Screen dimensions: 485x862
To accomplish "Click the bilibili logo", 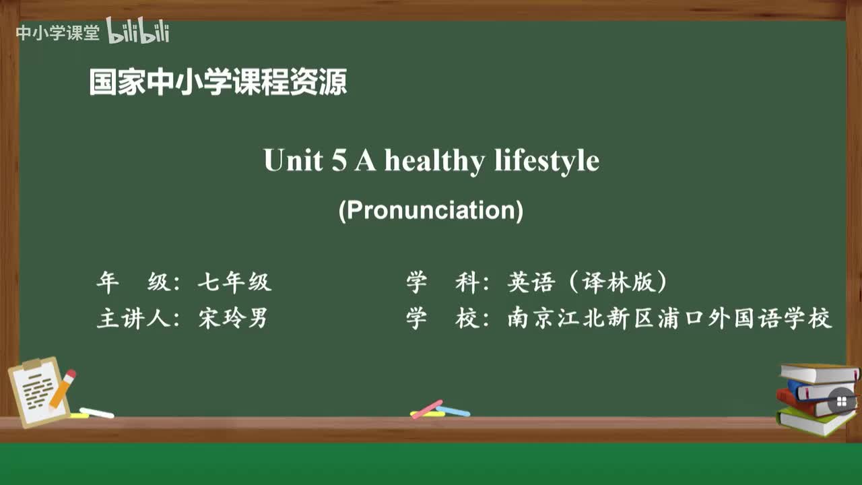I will (x=138, y=32).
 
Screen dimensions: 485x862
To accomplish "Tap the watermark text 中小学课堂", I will (x=57, y=33).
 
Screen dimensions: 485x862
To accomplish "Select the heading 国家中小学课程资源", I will (x=218, y=83).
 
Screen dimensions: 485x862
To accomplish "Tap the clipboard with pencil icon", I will (x=40, y=391).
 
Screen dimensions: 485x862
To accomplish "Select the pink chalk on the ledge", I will (x=427, y=408).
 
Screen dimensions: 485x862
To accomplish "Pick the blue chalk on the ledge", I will (x=453, y=411).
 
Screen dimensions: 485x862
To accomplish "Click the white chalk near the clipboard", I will (x=96, y=412).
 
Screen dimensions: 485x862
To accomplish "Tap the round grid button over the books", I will (x=841, y=402).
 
